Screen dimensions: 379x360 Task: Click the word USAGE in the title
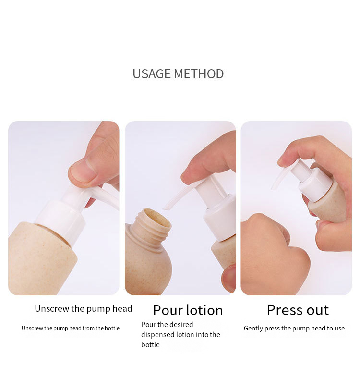pyautogui.click(x=151, y=74)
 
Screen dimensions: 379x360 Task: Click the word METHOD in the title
pyautogui.click(x=199, y=74)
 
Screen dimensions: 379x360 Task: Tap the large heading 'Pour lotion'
pyautogui.click(x=188, y=310)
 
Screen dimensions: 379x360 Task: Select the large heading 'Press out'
pyautogui.click(x=298, y=310)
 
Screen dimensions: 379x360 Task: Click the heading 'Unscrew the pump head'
pyautogui.click(x=84, y=308)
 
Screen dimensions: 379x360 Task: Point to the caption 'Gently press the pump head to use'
pyautogui.click(x=294, y=329)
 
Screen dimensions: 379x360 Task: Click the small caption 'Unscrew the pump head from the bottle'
pyautogui.click(x=71, y=328)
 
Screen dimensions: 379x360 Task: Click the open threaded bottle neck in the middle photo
pyautogui.click(x=151, y=223)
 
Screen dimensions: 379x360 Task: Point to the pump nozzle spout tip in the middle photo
pyautogui.click(x=166, y=207)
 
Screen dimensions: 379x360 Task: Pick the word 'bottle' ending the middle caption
pyautogui.click(x=150, y=345)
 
